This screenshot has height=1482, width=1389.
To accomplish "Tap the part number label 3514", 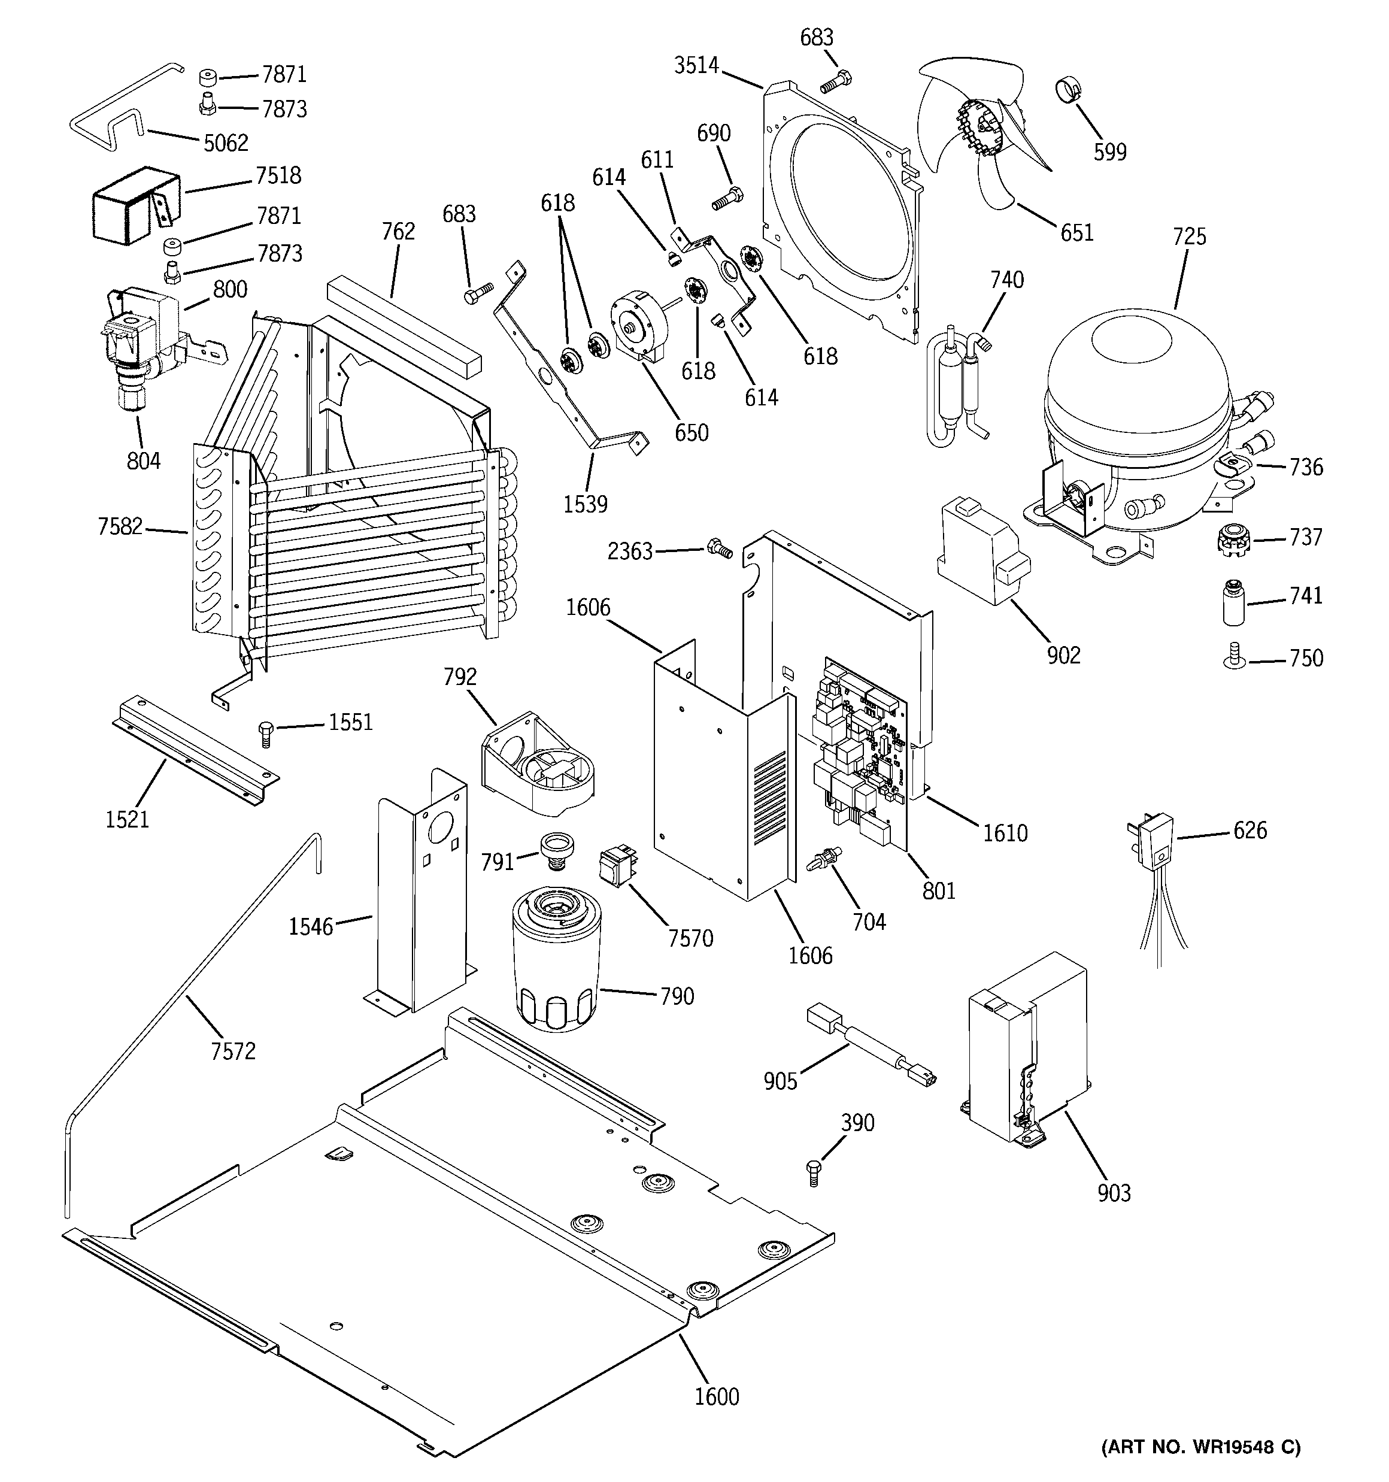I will tap(696, 66).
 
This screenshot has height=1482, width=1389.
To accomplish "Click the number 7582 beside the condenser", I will tap(119, 527).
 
